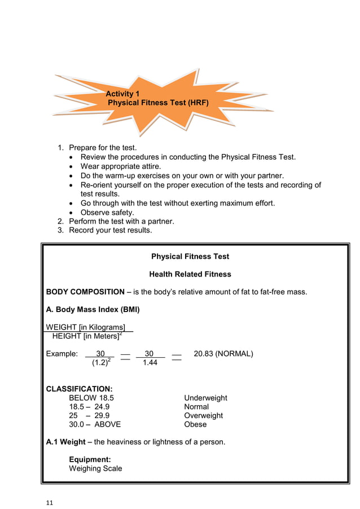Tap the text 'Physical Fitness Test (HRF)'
point(157,103)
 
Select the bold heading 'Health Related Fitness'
point(190,274)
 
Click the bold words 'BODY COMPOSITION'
point(85,292)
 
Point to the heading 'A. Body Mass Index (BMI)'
point(93,309)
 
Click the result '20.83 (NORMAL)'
point(223,354)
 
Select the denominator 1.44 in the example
point(150,363)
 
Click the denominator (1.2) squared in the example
point(102,363)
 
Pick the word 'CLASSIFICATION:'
point(79,389)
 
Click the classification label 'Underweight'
point(205,398)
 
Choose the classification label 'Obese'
point(195,424)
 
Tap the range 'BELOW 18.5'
point(91,398)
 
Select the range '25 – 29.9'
point(89,415)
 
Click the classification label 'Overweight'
point(203,415)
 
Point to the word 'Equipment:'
point(90,459)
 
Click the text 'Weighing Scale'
point(95,468)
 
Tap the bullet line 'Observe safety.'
point(107,212)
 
